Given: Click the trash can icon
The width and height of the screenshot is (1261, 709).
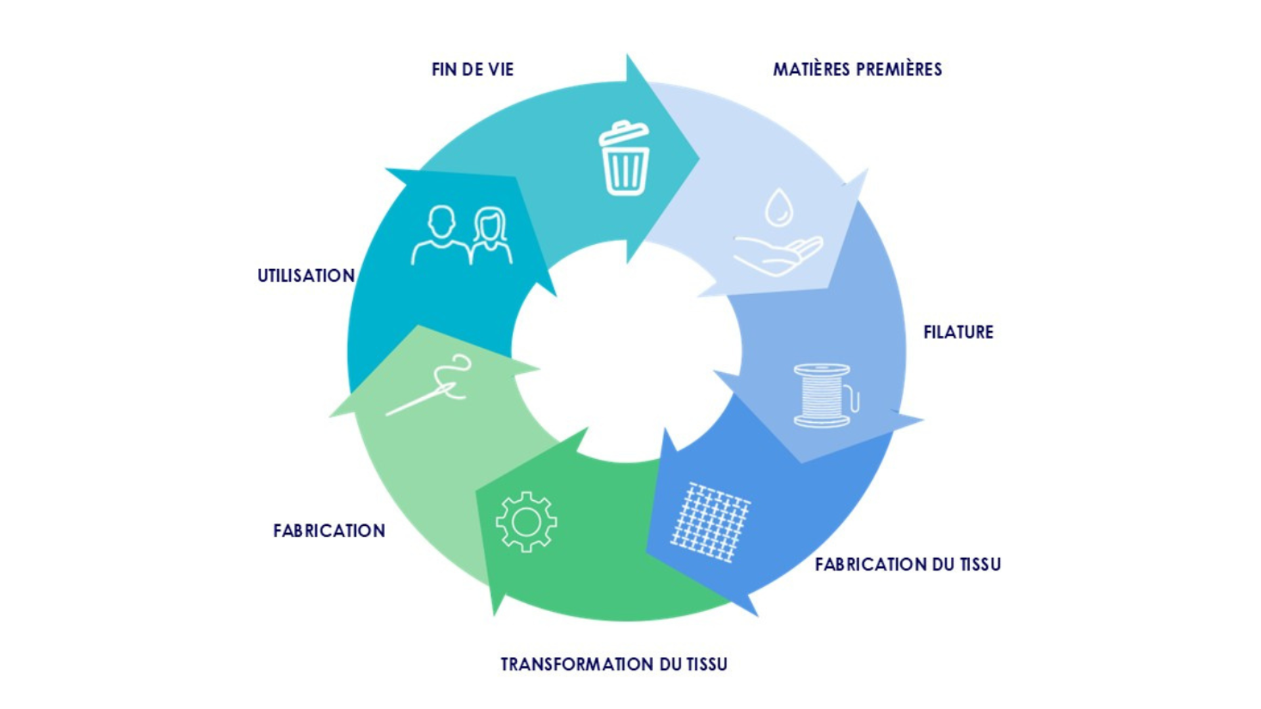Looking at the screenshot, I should [x=625, y=160].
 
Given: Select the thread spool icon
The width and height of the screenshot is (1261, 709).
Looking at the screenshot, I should [x=824, y=396].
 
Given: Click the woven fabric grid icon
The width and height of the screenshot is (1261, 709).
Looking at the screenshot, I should [x=710, y=523].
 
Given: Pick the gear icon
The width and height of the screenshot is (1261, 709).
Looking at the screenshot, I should [x=526, y=522].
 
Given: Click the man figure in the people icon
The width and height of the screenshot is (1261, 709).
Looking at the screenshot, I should [x=440, y=236].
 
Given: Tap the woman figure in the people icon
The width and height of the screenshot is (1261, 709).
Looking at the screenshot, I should [x=491, y=236].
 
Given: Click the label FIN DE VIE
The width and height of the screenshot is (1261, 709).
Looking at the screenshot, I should [x=472, y=70].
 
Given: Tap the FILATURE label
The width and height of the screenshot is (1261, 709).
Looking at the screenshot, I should [x=958, y=332].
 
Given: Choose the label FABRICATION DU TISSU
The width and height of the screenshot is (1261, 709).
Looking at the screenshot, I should [x=908, y=565].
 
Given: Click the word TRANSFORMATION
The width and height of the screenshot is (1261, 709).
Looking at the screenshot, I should [x=577, y=664].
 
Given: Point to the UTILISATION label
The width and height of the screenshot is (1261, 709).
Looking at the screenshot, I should [x=306, y=276].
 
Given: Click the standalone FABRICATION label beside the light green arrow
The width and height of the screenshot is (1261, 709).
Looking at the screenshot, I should [x=329, y=530].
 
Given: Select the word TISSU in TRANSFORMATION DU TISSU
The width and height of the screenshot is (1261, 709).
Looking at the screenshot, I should [x=707, y=664].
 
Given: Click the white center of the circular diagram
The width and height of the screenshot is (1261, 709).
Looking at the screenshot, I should [x=627, y=351].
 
